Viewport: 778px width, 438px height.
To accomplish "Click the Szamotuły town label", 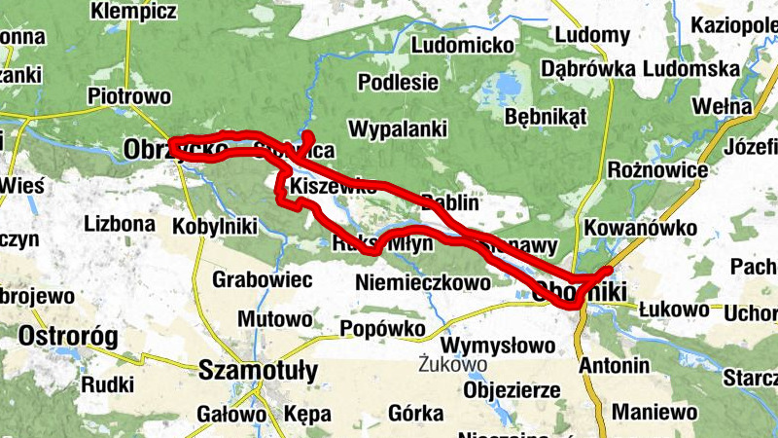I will click(258, 371).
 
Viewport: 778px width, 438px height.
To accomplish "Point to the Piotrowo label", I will click(128, 96).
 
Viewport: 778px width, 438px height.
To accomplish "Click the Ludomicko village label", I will click(463, 45).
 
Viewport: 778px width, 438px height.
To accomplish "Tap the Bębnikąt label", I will click(547, 117).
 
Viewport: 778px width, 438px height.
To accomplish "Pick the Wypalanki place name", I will click(397, 128).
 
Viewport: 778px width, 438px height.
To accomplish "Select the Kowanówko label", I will click(642, 228).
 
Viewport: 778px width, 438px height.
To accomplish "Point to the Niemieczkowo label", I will click(423, 283).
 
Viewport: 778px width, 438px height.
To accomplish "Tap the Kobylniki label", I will click(214, 226).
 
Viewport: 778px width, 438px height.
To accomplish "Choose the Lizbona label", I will click(120, 223).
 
